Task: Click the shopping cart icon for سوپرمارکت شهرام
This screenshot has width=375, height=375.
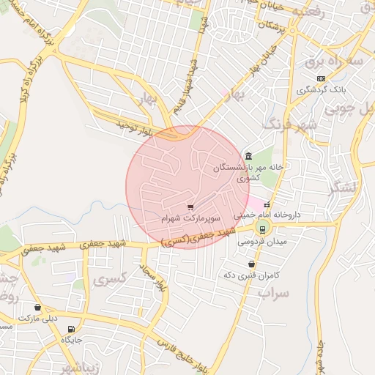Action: pyautogui.click(x=190, y=207)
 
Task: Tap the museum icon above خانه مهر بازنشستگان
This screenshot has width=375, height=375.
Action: pyautogui.click(x=249, y=155)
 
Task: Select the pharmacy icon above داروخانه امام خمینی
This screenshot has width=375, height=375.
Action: pyautogui.click(x=267, y=205)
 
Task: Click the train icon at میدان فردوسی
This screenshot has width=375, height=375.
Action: pyautogui.click(x=263, y=229)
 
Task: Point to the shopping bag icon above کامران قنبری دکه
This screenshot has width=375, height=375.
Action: pyautogui.click(x=252, y=264)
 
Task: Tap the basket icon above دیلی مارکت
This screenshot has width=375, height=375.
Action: pyautogui.click(x=37, y=308)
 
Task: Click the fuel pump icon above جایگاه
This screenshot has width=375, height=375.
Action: pyautogui.click(x=70, y=330)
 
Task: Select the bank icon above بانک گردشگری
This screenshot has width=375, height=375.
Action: pyautogui.click(x=320, y=78)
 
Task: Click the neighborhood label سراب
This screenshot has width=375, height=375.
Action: pyautogui.click(x=272, y=292)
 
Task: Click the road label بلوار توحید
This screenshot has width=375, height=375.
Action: pyautogui.click(x=135, y=130)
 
